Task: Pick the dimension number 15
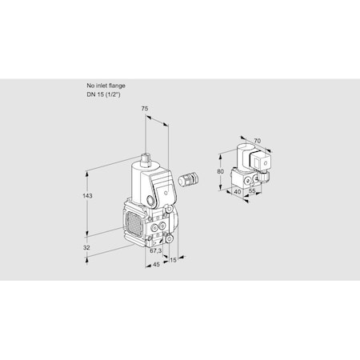173,260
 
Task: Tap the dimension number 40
238,191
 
